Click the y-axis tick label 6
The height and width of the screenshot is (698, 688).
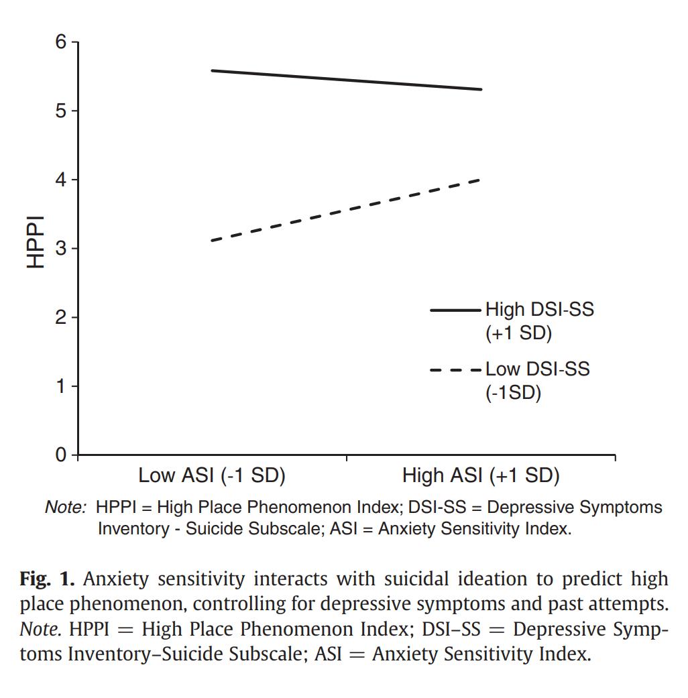coord(61,42)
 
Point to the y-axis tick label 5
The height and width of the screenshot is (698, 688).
coord(61,111)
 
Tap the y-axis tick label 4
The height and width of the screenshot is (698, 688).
coord(61,180)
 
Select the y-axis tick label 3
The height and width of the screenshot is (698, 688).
coord(61,249)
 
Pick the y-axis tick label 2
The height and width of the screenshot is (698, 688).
coord(61,317)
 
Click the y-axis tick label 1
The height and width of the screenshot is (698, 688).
coord(61,386)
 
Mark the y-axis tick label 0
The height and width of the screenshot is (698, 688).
coord(61,455)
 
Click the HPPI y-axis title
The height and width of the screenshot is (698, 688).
coord(35,241)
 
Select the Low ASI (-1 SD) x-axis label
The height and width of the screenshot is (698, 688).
coord(212,476)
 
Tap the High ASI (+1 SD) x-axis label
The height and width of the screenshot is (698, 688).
coord(481,476)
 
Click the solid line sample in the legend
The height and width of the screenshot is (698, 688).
coord(455,310)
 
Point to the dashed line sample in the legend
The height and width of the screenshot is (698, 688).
coord(455,369)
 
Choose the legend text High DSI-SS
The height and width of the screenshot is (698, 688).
coord(539,310)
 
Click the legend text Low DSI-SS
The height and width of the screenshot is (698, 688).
coord(537,369)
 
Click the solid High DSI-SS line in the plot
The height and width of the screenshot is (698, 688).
coord(346,80)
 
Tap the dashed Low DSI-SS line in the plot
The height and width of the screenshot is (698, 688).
coord(346,210)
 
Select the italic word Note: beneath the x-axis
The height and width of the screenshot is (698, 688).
coord(65,508)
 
